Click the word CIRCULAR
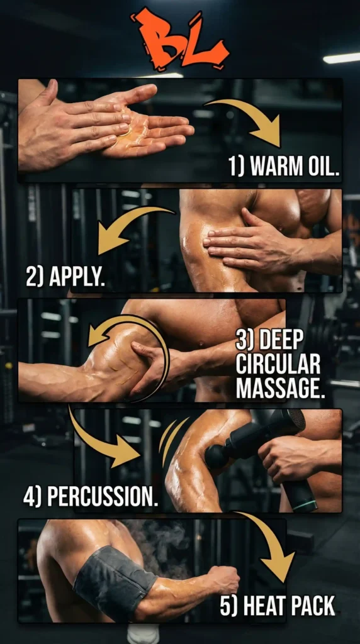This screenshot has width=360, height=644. [278, 365]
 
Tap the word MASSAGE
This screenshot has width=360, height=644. [281, 388]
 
